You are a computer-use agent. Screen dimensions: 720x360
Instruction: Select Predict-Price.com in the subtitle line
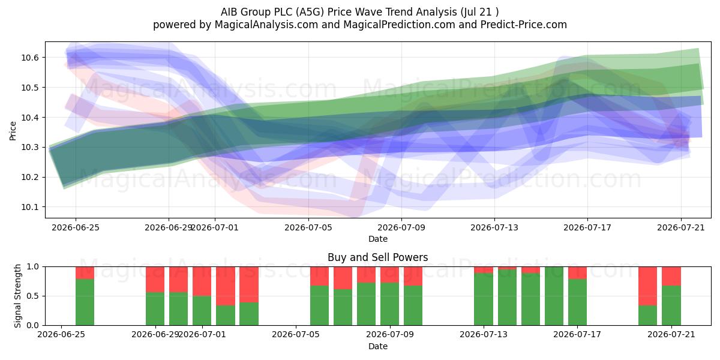coord(524,25)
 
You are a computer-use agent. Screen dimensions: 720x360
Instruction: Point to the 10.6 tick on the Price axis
coord(29,58)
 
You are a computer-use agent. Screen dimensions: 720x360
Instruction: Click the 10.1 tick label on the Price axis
coord(29,207)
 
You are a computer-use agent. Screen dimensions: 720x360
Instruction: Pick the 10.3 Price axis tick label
coord(29,147)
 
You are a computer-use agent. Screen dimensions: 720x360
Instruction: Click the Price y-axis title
coord(13,131)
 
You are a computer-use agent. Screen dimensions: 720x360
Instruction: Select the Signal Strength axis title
coord(17,296)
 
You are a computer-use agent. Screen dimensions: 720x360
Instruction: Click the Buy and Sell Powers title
coord(377,257)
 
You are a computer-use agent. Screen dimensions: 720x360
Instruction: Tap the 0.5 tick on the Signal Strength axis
coord(33,296)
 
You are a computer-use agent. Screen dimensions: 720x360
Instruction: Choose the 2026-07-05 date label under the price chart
coord(308,227)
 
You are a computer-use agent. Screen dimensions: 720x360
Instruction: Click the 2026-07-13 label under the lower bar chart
coord(484,335)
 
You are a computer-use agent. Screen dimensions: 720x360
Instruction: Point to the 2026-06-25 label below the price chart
coord(76,227)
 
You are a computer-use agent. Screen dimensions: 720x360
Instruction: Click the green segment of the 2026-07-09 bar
coord(389,304)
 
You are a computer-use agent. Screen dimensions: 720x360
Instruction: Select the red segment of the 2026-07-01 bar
coord(202,281)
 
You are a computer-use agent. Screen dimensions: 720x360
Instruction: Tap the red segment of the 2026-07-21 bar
coord(671,276)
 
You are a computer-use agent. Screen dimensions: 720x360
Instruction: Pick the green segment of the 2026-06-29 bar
coord(155,308)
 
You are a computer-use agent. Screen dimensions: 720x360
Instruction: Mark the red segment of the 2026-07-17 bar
coord(577,273)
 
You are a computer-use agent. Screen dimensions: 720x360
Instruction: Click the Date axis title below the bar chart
coord(377,346)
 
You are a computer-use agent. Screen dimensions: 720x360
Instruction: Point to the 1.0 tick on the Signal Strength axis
coord(33,267)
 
